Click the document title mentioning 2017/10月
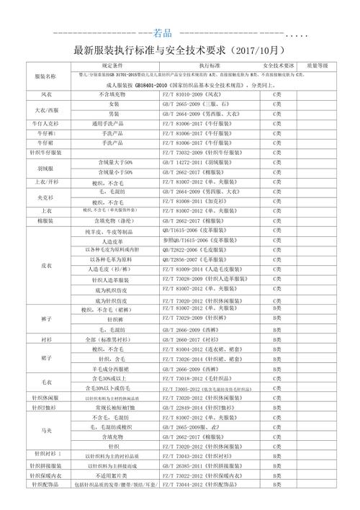coord(180,52)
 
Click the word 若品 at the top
coord(164,32)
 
